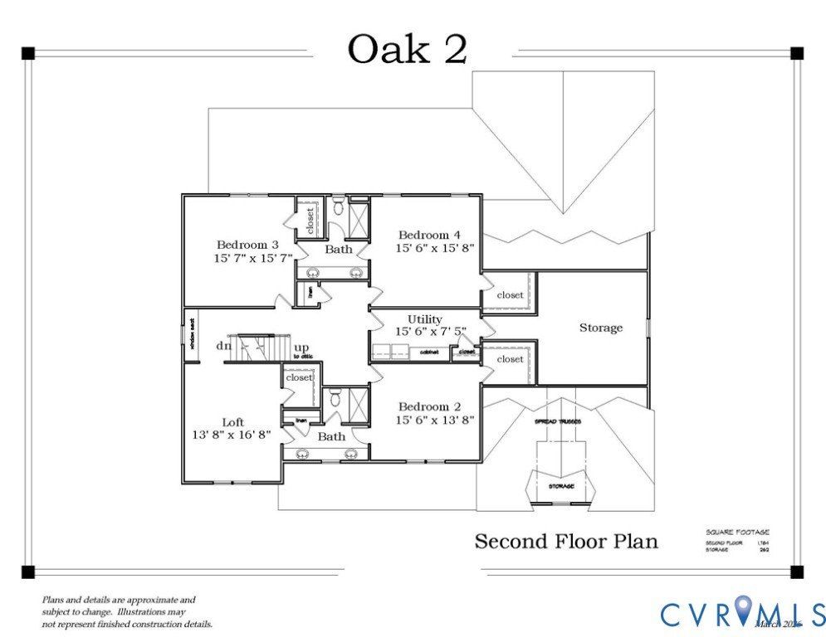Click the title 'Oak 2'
(x=407, y=49)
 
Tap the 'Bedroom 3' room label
(x=247, y=245)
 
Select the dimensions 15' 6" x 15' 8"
(x=434, y=248)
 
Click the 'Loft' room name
(x=233, y=422)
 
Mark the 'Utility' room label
(x=424, y=319)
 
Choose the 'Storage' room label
(x=600, y=328)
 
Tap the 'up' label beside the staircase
(x=303, y=347)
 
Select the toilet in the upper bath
(x=338, y=206)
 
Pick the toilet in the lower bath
(x=335, y=397)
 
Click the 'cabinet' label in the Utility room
(x=429, y=352)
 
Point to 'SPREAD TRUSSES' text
(x=557, y=421)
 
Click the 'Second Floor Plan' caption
(x=566, y=542)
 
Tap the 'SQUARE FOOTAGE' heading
(x=737, y=532)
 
